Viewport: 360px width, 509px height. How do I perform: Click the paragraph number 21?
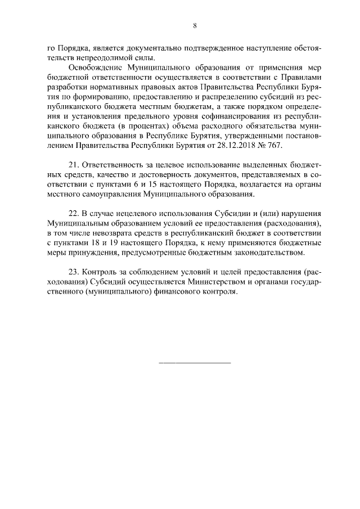coord(73,165)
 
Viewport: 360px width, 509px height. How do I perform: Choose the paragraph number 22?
coord(73,214)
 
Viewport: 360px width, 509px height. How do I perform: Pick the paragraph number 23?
coord(73,273)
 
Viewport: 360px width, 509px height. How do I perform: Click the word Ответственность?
coord(113,165)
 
